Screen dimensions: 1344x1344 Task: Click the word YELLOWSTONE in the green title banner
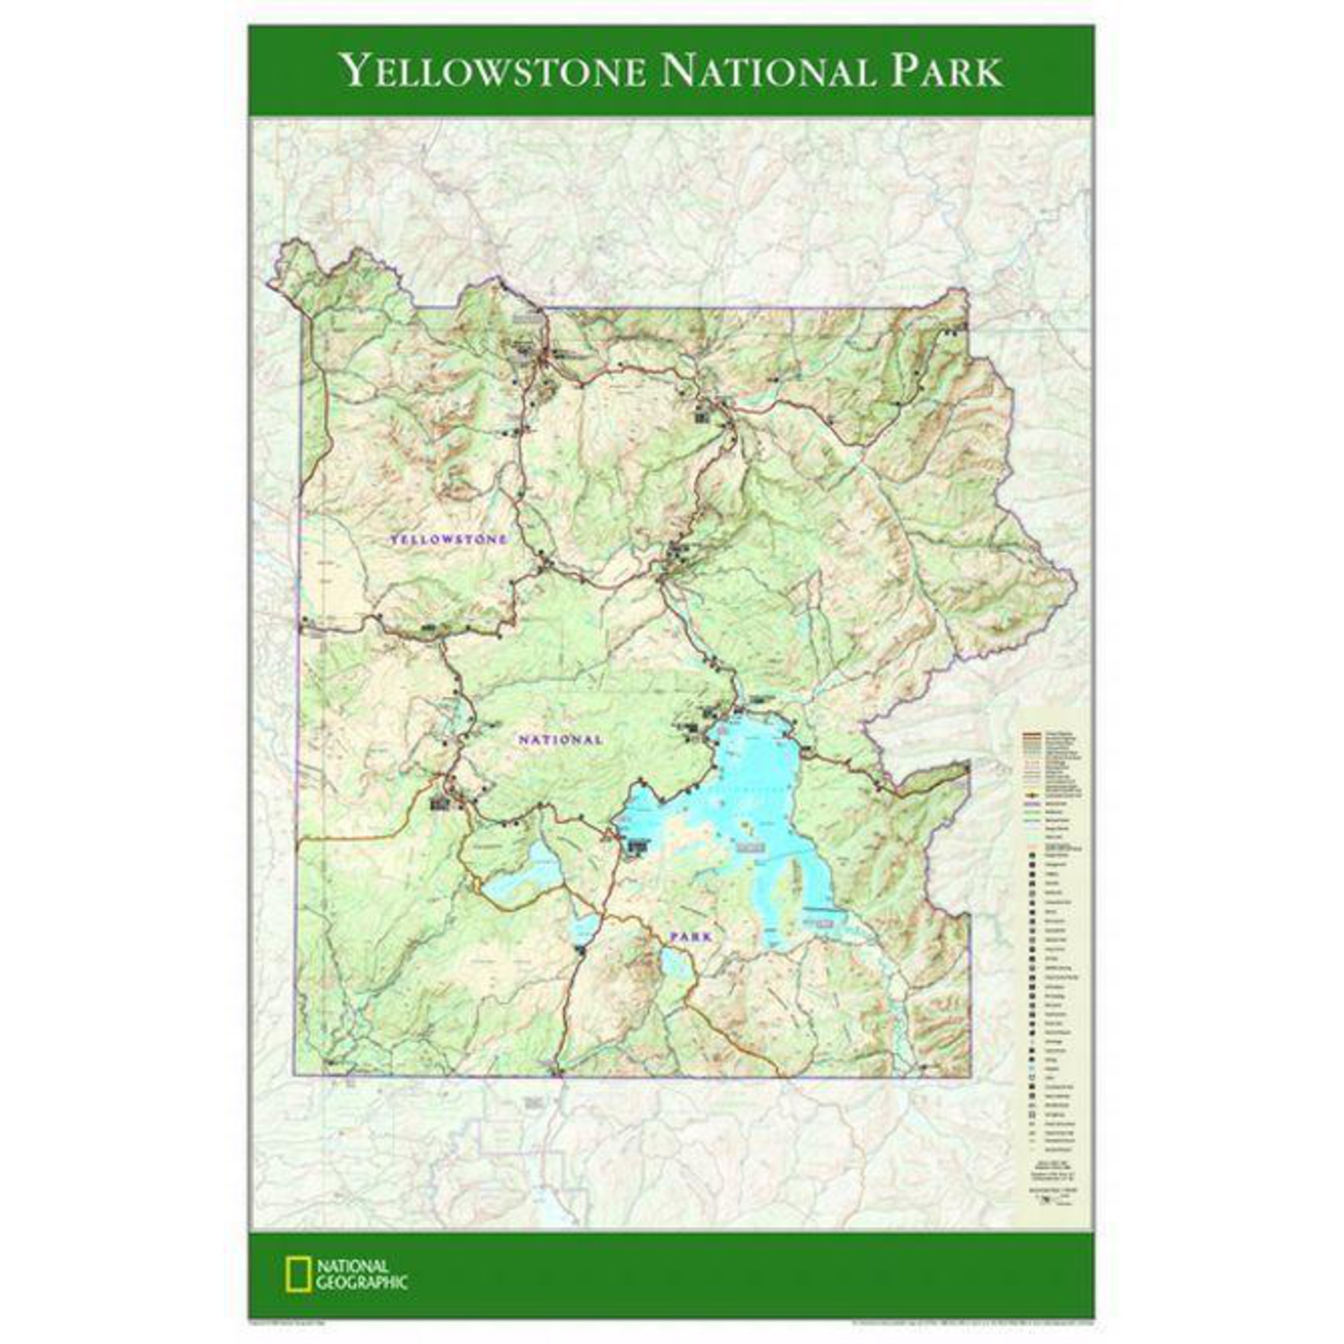(493, 71)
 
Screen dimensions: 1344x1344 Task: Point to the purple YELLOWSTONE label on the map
(449, 539)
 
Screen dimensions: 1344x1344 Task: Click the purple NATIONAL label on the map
(560, 739)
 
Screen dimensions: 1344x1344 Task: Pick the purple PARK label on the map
(691, 937)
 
